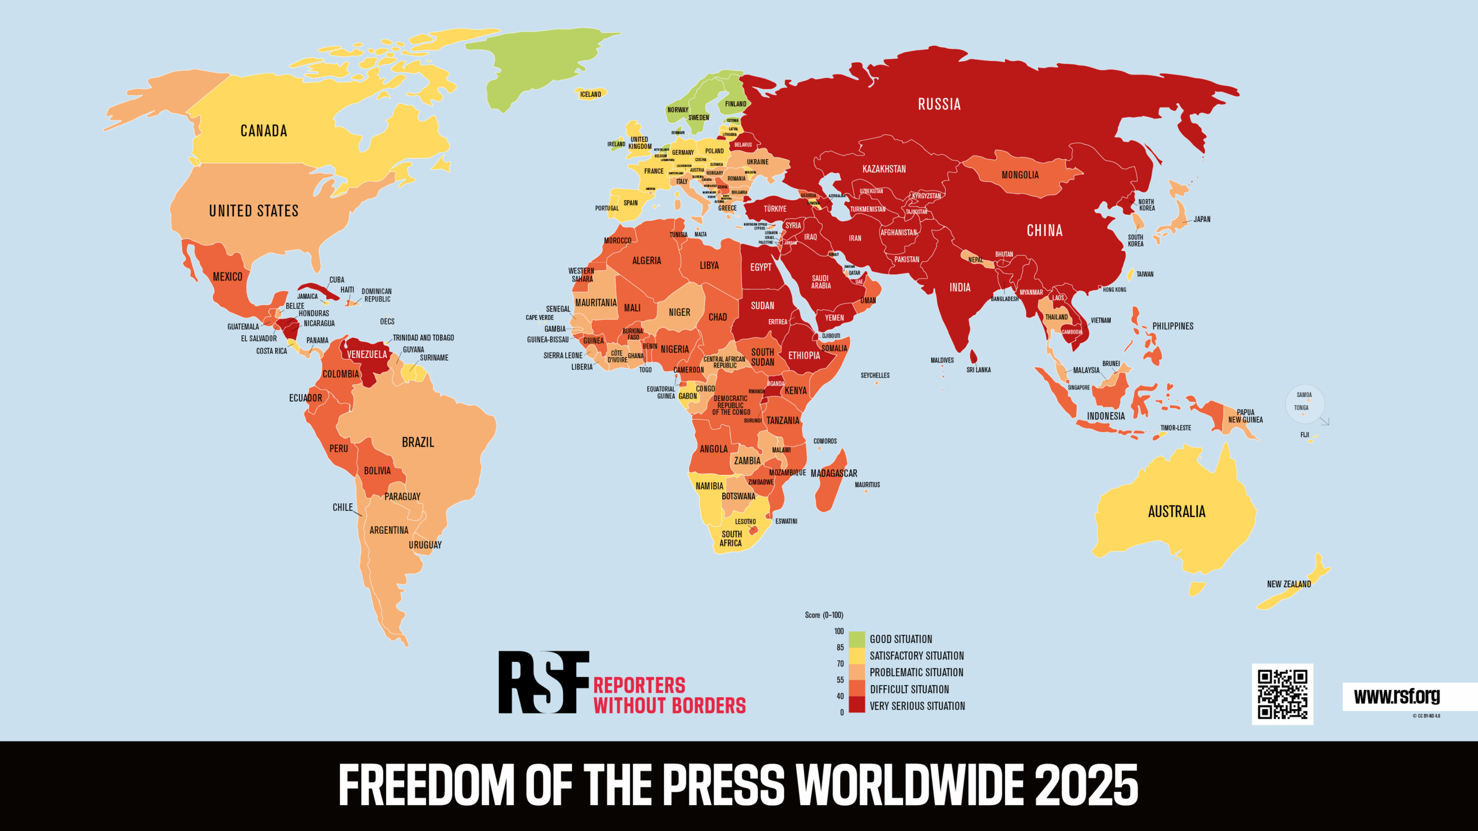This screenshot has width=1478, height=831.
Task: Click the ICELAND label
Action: [591, 94]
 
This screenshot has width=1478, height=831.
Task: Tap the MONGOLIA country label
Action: [1020, 175]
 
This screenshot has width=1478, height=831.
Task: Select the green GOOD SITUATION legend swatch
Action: [857, 639]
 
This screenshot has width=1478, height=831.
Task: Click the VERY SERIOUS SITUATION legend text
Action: [917, 706]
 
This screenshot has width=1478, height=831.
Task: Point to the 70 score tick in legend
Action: [840, 664]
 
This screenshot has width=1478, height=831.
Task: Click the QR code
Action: [1282, 694]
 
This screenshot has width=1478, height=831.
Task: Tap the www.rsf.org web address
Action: [1397, 696]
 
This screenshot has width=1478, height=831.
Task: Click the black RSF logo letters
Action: [543, 682]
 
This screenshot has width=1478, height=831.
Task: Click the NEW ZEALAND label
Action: [1289, 584]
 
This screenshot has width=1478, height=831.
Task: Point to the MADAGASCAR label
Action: [834, 473]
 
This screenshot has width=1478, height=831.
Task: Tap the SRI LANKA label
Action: [979, 370]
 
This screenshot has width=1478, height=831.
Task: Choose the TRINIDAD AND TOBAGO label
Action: [423, 338]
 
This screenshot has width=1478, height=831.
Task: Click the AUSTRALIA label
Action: [1177, 511]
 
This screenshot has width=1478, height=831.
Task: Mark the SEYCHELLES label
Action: [875, 375]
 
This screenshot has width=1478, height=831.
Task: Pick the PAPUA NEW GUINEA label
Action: [1245, 416]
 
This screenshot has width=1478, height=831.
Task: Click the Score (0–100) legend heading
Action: [824, 615]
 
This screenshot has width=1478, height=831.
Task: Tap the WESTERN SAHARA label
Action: [581, 275]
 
